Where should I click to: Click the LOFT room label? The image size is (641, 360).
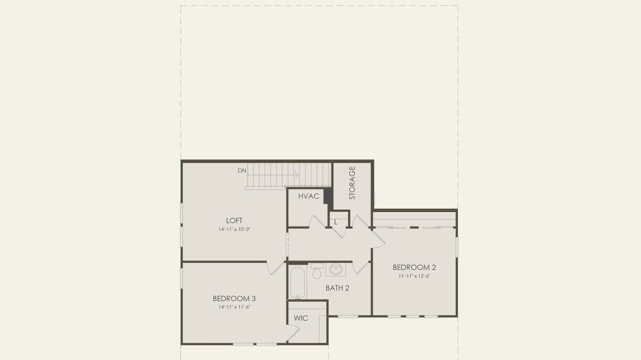pyautogui.click(x=234, y=221)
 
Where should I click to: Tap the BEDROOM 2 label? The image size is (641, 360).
pyautogui.click(x=414, y=268)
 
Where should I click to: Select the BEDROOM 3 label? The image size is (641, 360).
pyautogui.click(x=234, y=299)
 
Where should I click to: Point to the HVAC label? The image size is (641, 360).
pyautogui.click(x=308, y=196)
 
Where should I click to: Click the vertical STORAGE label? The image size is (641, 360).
pyautogui.click(x=352, y=183)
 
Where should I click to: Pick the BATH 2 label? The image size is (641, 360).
pyautogui.click(x=337, y=288)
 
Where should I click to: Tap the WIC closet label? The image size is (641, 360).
pyautogui.click(x=301, y=318)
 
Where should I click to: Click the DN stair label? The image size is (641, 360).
pyautogui.click(x=242, y=170)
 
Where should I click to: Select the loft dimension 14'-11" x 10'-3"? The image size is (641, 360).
pyautogui.click(x=234, y=229)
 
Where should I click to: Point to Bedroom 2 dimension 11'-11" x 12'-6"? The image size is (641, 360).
pyautogui.click(x=415, y=276)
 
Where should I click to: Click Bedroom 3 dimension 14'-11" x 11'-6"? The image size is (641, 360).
pyautogui.click(x=234, y=307)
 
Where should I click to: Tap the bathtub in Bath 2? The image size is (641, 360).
pyautogui.click(x=297, y=283)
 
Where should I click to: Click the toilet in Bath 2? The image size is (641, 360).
pyautogui.click(x=317, y=271)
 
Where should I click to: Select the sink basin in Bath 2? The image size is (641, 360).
pyautogui.click(x=336, y=270)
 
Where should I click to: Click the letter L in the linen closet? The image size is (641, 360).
pyautogui.click(x=336, y=222)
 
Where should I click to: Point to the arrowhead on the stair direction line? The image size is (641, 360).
pyautogui.click(x=297, y=175)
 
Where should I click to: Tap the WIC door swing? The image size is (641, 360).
pyautogui.click(x=293, y=333)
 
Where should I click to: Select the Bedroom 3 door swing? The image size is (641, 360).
pyautogui.click(x=276, y=268)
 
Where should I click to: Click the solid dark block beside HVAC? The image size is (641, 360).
pyautogui.click(x=328, y=196)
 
